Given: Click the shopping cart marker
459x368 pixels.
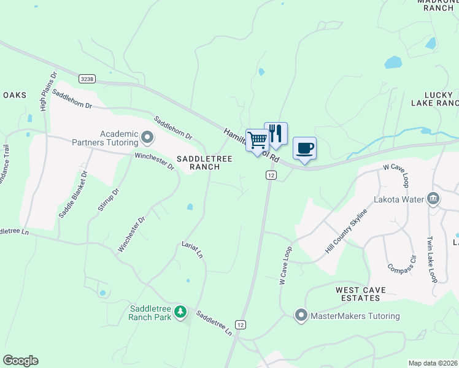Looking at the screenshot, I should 257,140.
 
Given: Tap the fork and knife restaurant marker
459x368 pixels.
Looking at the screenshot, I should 276,133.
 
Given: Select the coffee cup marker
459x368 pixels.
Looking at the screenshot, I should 305,148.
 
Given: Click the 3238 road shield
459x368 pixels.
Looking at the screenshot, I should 87,79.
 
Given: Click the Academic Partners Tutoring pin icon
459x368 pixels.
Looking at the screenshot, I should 147,136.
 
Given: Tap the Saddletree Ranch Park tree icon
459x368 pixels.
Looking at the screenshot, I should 180,312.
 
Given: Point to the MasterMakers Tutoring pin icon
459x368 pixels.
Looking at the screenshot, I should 301,316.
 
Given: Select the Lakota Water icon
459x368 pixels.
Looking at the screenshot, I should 433,199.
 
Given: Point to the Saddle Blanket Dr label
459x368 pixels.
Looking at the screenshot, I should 74,195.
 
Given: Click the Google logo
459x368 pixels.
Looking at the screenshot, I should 20,361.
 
